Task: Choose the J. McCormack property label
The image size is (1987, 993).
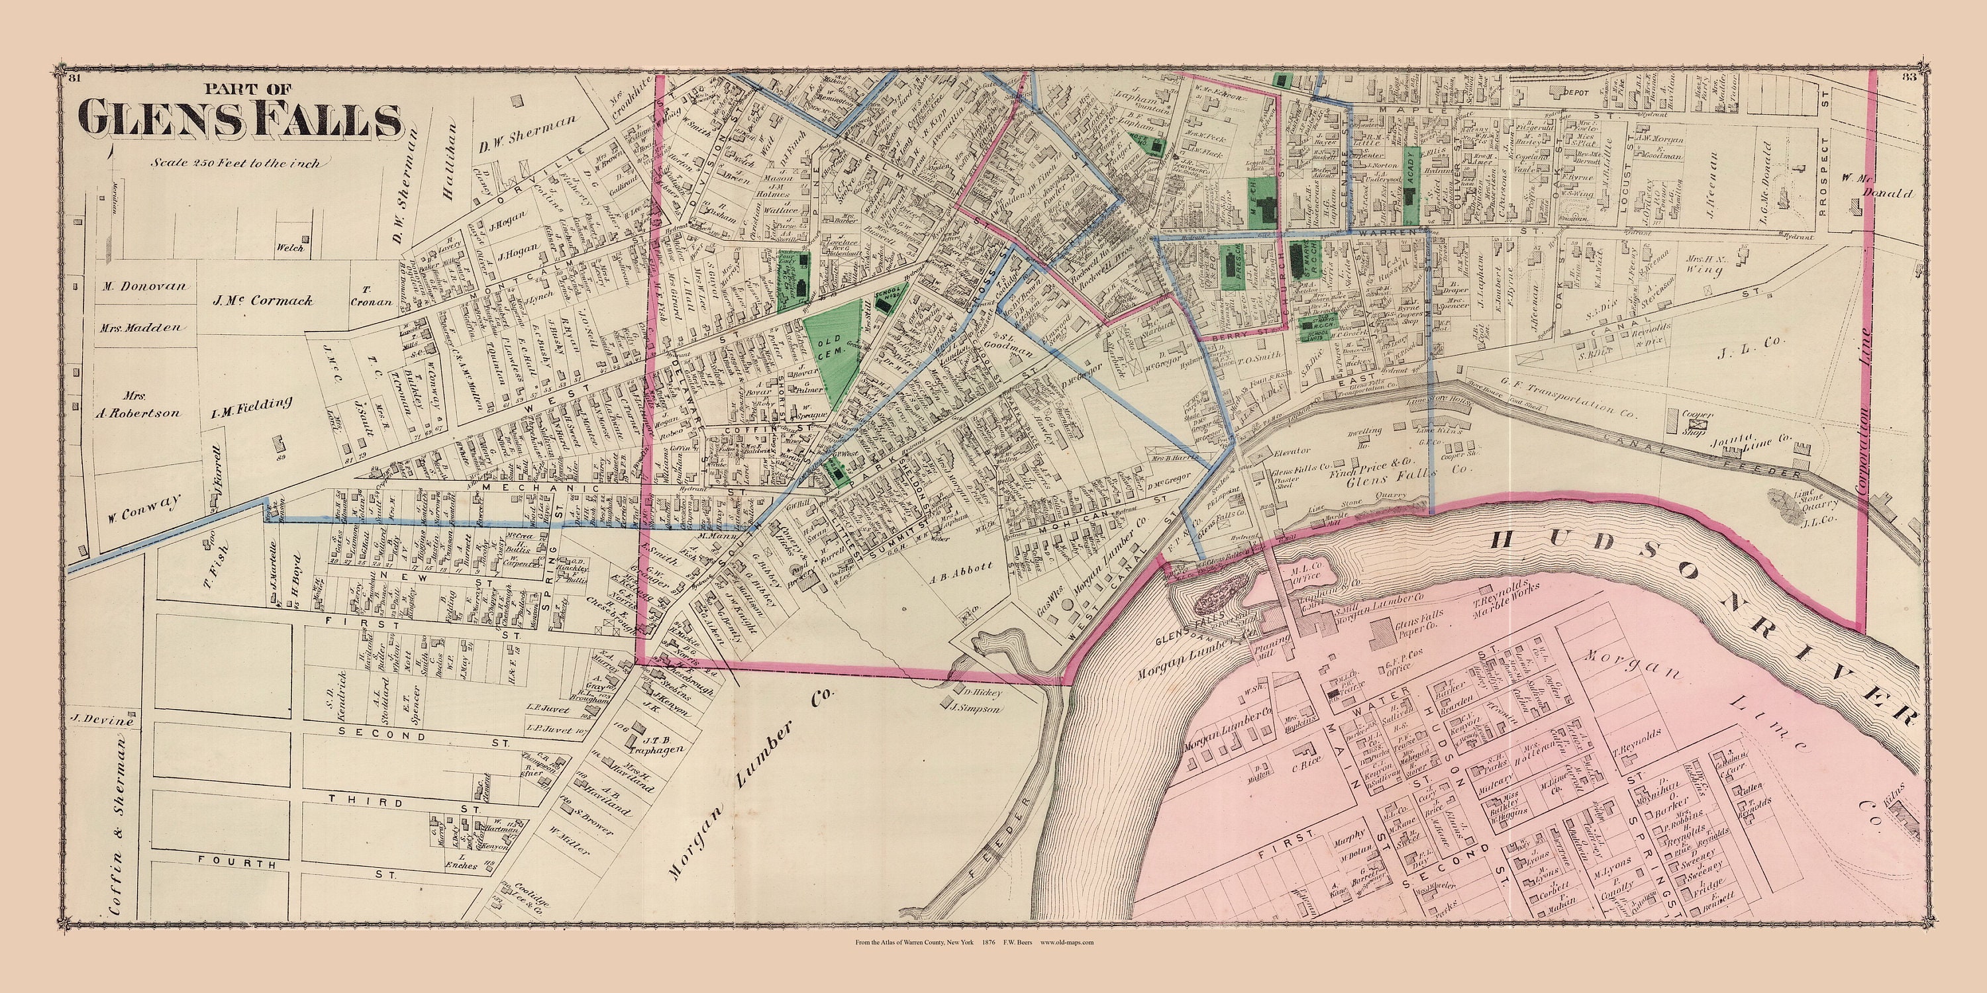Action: tap(262, 301)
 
